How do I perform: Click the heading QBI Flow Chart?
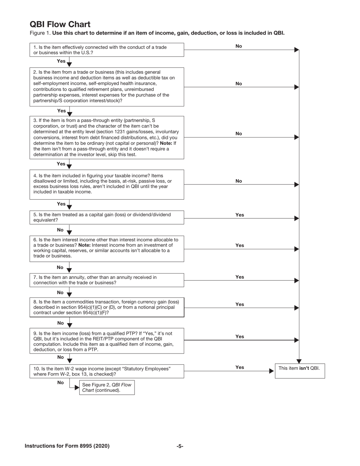pos(60,24)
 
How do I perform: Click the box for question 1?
pos(106,50)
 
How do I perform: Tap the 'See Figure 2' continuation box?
pos(106,387)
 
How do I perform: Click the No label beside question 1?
pos(239,46)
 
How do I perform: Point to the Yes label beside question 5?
pos(239,215)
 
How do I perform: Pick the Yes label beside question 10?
pos(239,367)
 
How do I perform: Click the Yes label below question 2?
pos(61,111)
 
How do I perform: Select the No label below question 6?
pos(60,267)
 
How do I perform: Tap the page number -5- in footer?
pos(180,446)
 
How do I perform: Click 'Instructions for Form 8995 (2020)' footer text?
pos(67,446)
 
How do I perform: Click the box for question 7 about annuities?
pos(106,280)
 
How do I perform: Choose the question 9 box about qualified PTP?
pos(106,341)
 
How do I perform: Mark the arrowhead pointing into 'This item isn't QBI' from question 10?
pos(271,371)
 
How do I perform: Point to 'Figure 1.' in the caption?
pos(40,33)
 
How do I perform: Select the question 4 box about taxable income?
pos(106,184)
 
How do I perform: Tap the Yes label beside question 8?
pos(239,304)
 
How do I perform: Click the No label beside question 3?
pos(239,133)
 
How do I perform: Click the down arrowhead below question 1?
pos(69,64)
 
